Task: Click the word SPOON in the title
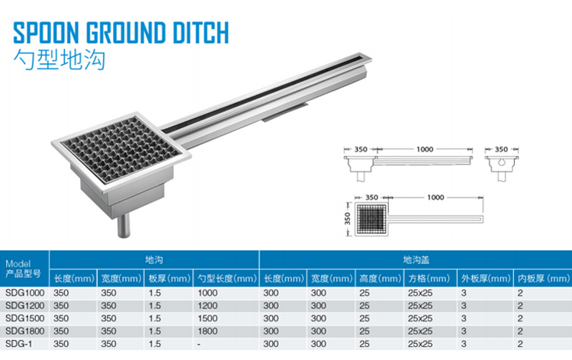click(46, 33)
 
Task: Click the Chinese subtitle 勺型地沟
click(59, 59)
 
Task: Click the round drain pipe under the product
click(124, 226)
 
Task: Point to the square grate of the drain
click(121, 150)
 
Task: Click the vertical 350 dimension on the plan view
click(347, 218)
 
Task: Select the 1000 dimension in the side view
click(425, 149)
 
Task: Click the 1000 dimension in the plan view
click(435, 198)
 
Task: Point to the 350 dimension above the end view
click(501, 149)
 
